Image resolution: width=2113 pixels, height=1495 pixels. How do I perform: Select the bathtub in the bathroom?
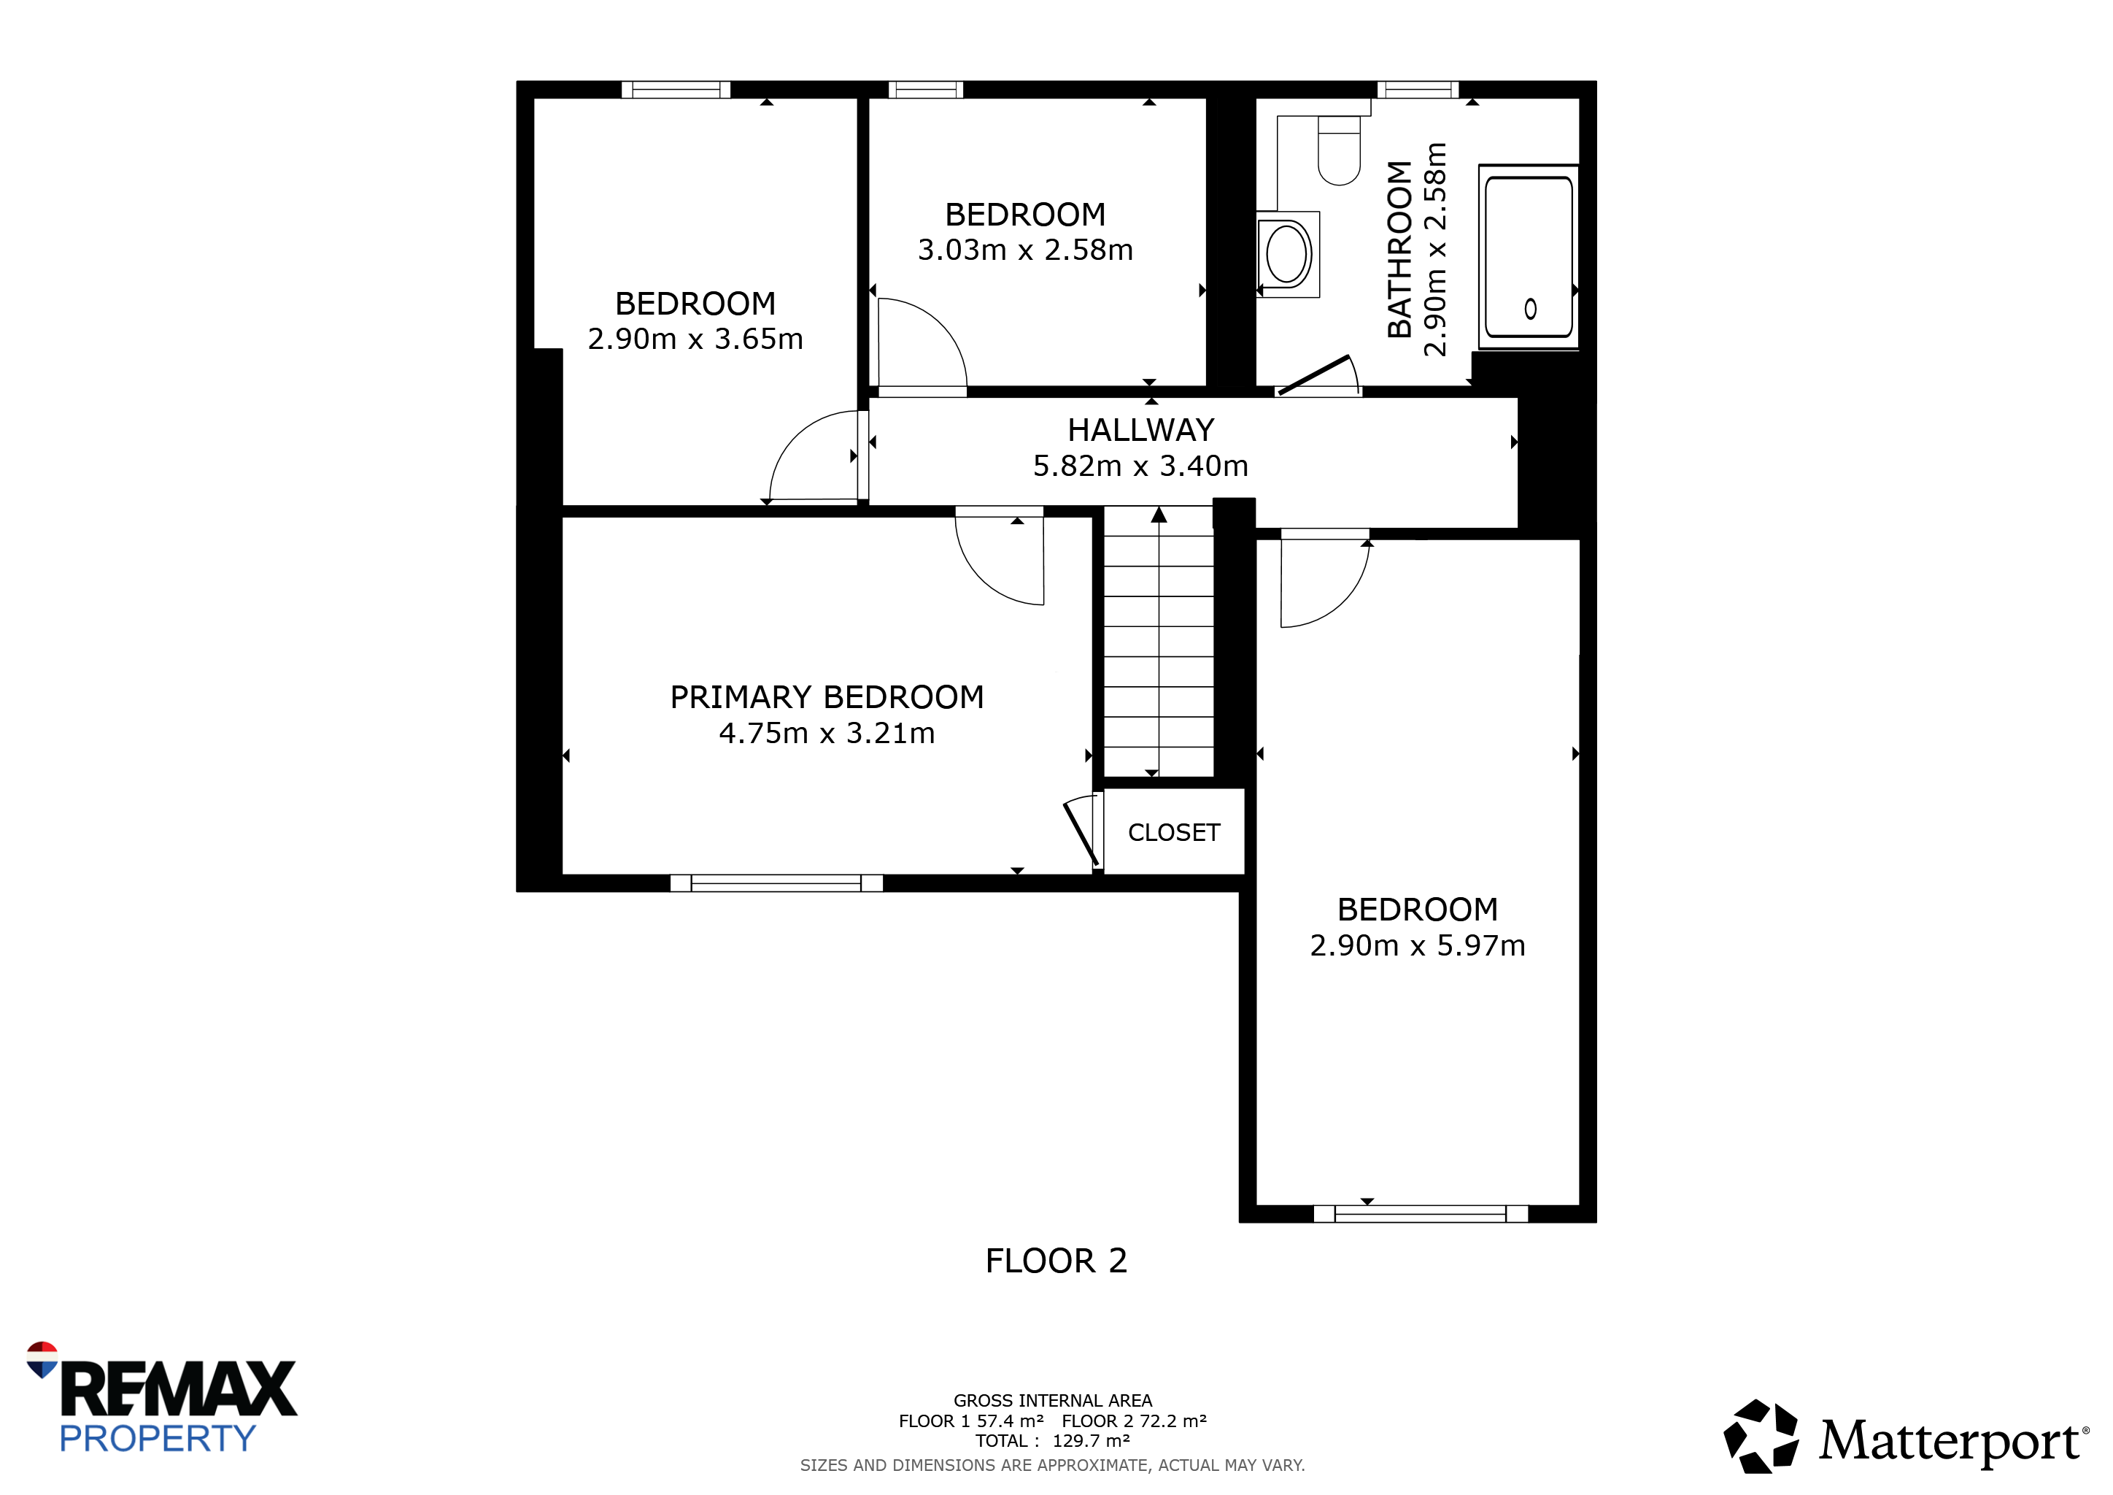tap(1529, 257)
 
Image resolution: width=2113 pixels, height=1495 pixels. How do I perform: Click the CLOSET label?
tap(1173, 832)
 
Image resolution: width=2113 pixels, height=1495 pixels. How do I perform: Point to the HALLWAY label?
tap(1140, 430)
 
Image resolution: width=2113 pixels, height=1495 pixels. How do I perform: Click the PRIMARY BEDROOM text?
tap(827, 697)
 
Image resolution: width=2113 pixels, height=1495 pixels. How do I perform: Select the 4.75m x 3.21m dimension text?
tap(827, 733)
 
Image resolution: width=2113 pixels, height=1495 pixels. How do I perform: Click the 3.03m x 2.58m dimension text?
tap(1025, 250)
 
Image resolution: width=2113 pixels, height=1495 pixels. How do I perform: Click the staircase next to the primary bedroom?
tap(1159, 642)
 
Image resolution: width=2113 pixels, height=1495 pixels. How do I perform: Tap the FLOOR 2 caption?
tap(1056, 1260)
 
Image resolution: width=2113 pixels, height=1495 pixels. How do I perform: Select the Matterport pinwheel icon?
tap(1761, 1435)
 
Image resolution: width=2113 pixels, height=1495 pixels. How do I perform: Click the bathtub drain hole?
tap(1531, 308)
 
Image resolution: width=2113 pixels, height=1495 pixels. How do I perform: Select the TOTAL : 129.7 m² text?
tap(1052, 1441)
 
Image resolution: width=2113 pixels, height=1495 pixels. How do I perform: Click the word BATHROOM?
tap(1399, 250)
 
